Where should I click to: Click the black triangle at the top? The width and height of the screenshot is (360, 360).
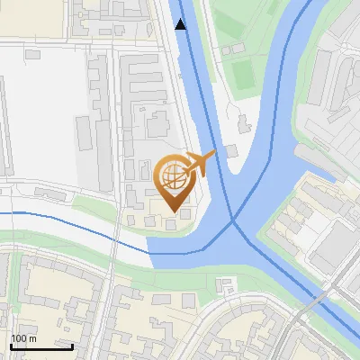click(x=181, y=24)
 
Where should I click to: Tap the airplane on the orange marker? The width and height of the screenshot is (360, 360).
click(x=199, y=164)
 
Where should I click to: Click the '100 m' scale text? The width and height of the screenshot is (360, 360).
click(x=24, y=338)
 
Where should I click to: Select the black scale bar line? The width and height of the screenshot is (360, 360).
click(x=41, y=346)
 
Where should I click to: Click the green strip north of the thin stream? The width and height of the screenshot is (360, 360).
click(x=90, y=205)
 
